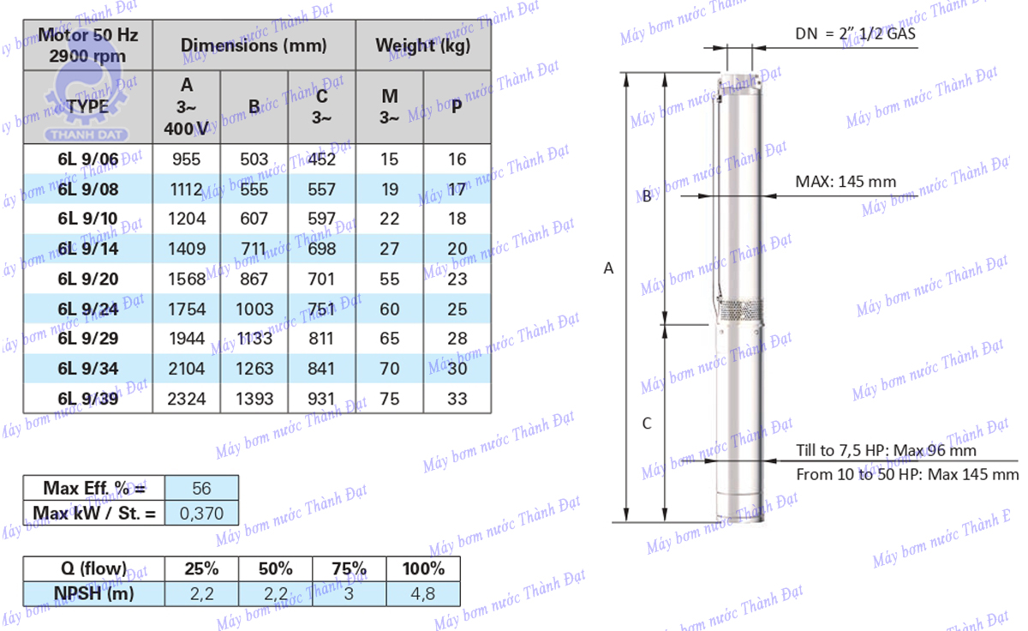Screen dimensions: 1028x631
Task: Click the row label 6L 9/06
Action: (88, 159)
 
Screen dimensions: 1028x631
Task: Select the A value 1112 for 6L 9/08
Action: (187, 189)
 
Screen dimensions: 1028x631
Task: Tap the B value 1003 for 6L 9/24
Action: (254, 309)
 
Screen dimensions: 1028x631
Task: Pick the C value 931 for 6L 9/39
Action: (321, 399)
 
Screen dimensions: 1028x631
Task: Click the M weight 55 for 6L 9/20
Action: (389, 279)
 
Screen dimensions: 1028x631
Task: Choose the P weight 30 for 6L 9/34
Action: (457, 369)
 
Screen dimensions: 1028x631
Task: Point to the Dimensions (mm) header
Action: (254, 45)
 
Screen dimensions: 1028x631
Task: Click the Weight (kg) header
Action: (423, 45)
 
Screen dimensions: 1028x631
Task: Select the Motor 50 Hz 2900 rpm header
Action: (87, 45)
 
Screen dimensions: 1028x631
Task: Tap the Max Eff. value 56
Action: (201, 488)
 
